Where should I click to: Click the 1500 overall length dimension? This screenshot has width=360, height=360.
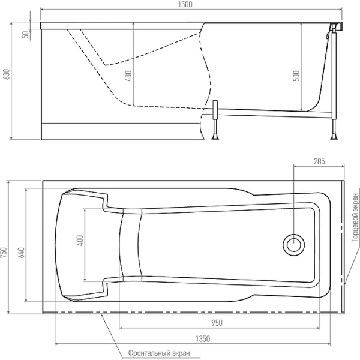pyautogui.click(x=185, y=5)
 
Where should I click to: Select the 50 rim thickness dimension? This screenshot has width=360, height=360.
pyautogui.click(x=25, y=34)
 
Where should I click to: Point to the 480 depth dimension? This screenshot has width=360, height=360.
pyautogui.click(x=128, y=76)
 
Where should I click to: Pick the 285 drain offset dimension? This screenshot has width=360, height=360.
pyautogui.click(x=319, y=161)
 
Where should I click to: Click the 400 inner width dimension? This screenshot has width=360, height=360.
pyautogui.click(x=80, y=241)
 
